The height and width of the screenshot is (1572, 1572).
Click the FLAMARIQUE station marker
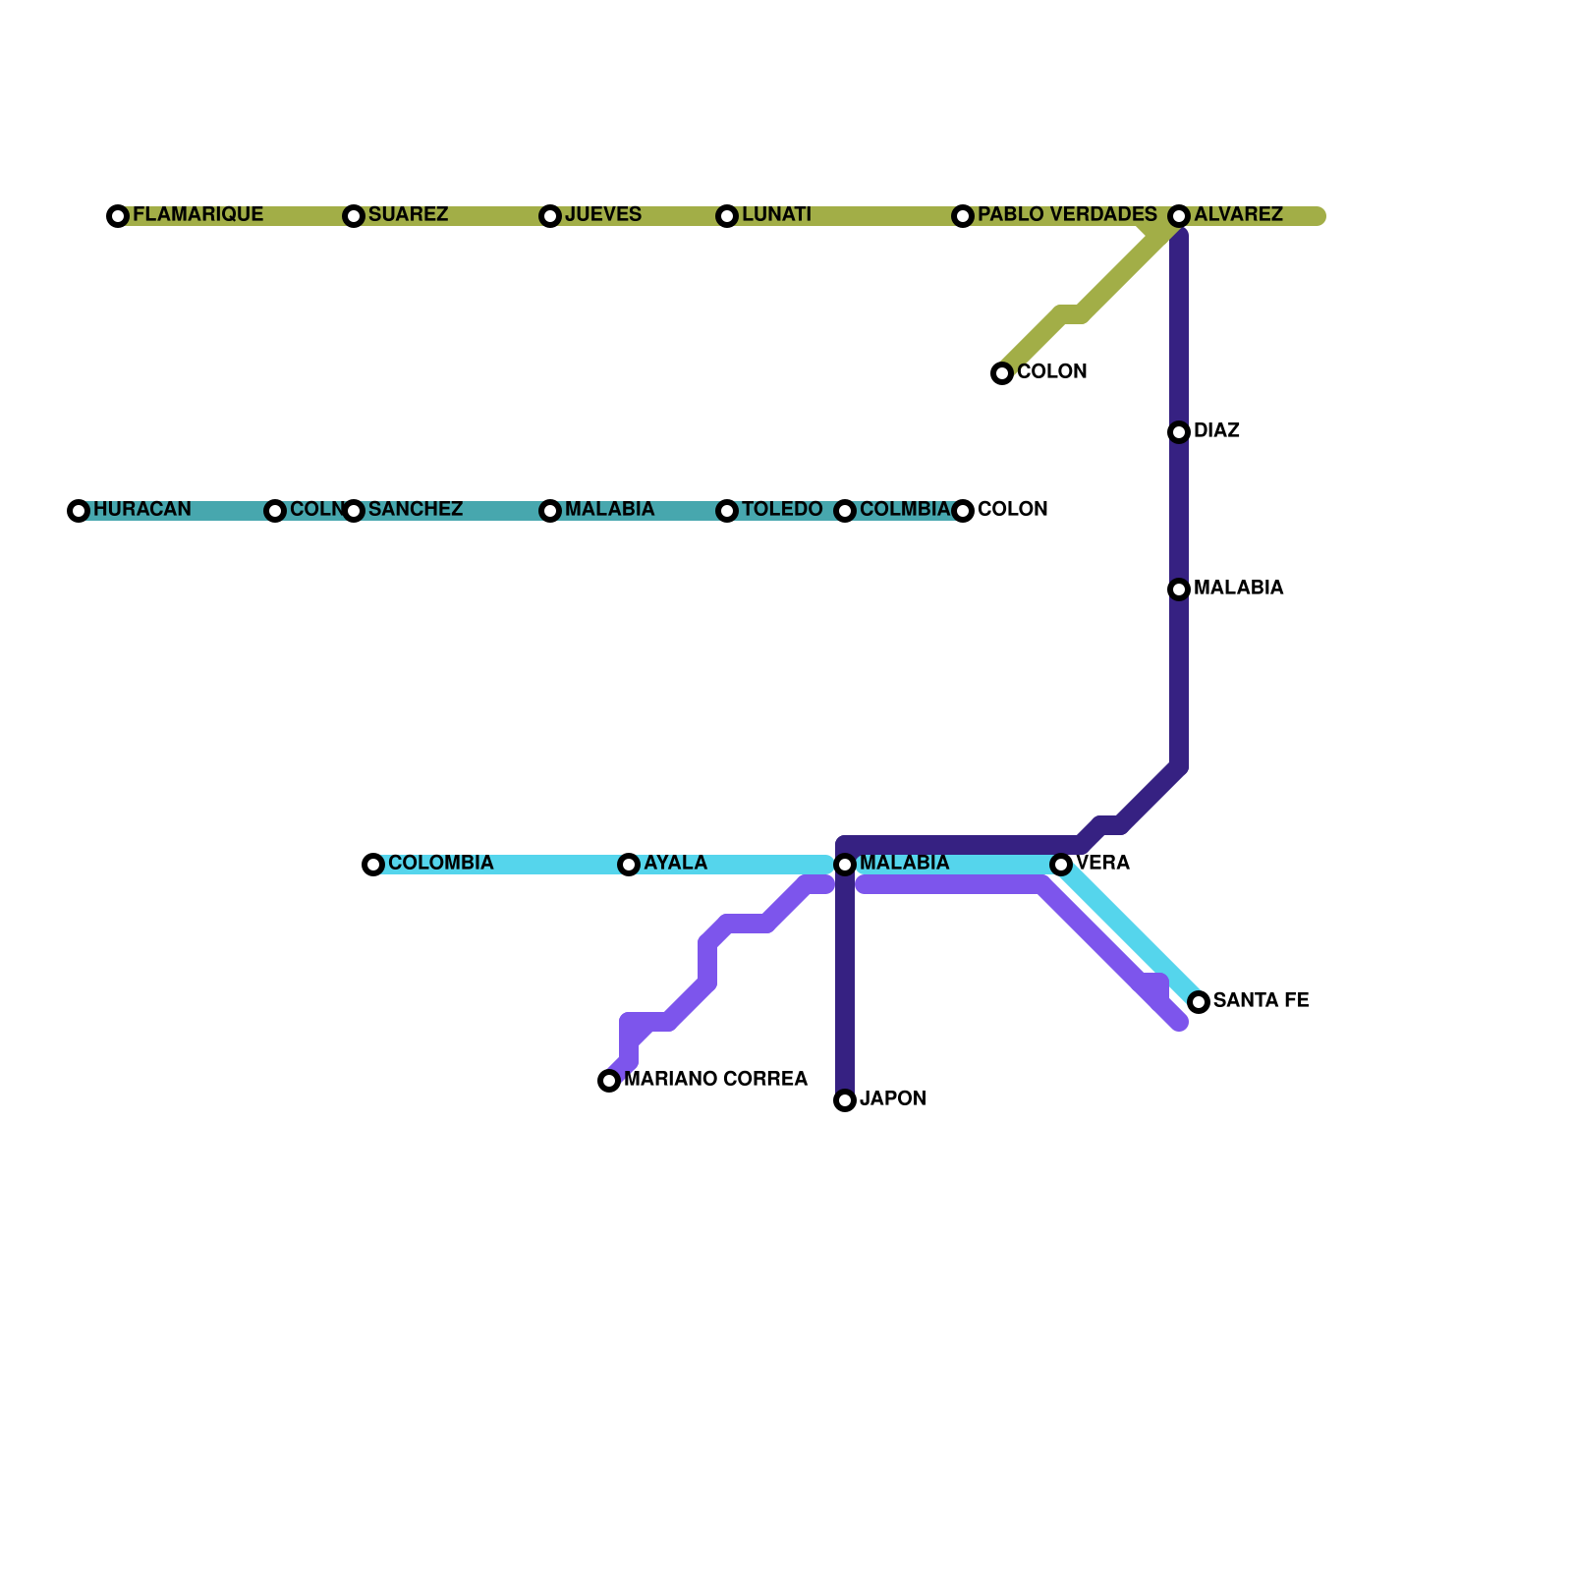click(118, 216)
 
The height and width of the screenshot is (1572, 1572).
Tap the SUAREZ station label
click(408, 215)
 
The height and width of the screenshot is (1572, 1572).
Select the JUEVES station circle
click(550, 216)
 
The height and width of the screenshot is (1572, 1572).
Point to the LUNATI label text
click(776, 215)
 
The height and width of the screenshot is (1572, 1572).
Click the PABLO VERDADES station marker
click(963, 216)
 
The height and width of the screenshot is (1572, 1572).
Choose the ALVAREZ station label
click(1238, 215)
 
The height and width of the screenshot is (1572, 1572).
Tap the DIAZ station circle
click(1179, 432)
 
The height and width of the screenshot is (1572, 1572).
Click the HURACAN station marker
click(79, 511)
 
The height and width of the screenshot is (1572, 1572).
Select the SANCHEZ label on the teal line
click(415, 510)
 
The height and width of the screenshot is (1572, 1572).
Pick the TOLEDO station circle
click(727, 511)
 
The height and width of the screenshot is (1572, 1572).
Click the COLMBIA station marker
click(845, 511)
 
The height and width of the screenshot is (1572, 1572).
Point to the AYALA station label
click(675, 864)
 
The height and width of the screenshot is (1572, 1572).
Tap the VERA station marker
click(1061, 865)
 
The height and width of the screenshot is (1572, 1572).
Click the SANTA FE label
click(1261, 1001)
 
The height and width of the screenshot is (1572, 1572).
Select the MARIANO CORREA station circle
click(609, 1081)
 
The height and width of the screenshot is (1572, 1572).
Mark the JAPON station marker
click(845, 1100)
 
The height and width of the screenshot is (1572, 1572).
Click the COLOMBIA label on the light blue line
click(440, 864)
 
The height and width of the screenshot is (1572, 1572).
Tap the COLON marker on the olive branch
click(1002, 373)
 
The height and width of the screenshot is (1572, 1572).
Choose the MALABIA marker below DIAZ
click(1179, 589)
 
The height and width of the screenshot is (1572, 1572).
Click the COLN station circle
click(275, 511)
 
